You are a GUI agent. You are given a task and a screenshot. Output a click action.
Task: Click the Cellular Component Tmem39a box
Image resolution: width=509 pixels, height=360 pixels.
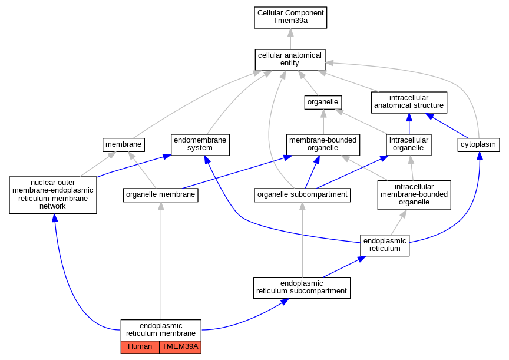tap(290, 18)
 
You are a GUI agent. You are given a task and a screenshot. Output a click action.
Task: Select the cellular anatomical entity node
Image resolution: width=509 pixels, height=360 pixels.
tap(290, 60)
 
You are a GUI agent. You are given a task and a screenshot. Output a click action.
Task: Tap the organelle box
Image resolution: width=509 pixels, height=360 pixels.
tap(323, 103)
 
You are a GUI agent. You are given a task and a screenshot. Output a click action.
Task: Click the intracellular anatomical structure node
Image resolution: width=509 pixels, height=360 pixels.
tap(409, 103)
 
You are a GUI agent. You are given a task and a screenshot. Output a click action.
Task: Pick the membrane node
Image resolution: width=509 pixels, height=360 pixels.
tap(123, 145)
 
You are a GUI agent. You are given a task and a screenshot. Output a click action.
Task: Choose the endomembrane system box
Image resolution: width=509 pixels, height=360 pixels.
tap(200, 145)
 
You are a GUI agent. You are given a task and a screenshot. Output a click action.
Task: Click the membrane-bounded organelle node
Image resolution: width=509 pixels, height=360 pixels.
tap(323, 145)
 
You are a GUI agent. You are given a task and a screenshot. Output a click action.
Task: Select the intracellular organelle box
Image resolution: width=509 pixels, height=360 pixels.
tap(409, 145)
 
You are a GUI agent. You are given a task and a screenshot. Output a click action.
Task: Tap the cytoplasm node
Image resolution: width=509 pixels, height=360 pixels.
tap(478, 145)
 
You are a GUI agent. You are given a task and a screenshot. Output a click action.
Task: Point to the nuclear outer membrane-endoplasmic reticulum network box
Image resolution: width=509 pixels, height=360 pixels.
tap(53, 195)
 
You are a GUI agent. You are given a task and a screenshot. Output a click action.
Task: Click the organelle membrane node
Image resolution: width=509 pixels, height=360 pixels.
tap(160, 195)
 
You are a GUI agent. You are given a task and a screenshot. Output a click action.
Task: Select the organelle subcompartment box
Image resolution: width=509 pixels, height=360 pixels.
tap(302, 195)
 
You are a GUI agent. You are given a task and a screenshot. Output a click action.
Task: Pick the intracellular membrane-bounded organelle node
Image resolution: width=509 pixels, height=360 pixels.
tap(414, 195)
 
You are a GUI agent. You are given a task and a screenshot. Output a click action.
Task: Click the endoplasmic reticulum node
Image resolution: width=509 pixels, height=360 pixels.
tap(385, 246)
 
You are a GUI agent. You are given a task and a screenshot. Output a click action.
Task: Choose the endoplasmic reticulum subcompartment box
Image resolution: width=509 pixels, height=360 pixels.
tap(302, 288)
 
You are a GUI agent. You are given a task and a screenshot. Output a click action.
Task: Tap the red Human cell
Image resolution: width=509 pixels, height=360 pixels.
tap(140, 347)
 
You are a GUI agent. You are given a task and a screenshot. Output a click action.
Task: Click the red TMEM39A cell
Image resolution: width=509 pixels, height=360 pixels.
tap(180, 347)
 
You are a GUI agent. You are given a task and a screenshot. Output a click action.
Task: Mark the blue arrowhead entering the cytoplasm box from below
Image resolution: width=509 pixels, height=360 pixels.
tap(480, 156)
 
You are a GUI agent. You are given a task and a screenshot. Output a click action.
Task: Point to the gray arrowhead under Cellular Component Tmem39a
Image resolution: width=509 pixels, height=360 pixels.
tap(290, 33)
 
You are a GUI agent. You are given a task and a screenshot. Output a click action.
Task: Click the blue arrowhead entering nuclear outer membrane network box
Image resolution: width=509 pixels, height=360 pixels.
tap(55, 218)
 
